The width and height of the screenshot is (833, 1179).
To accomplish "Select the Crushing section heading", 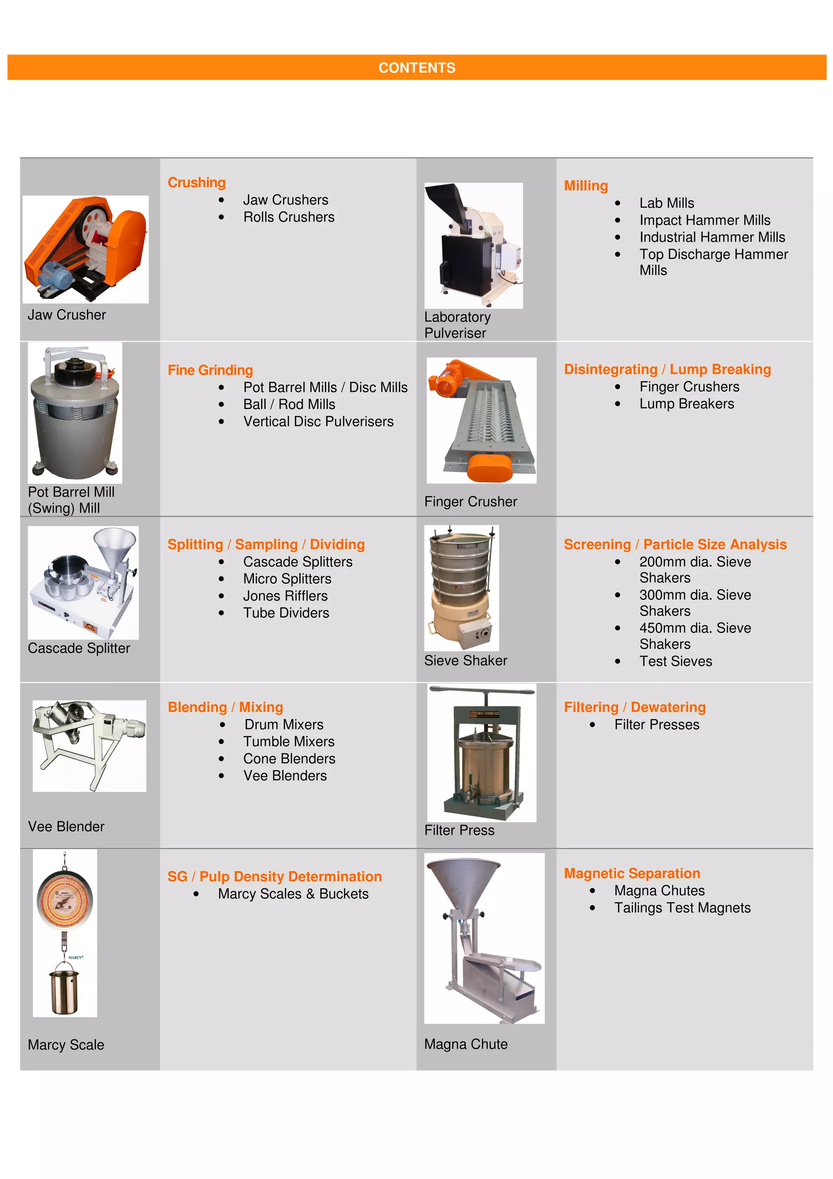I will (196, 183).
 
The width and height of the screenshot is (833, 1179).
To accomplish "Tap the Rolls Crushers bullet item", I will (288, 217).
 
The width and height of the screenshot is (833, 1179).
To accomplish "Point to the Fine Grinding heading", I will (210, 370).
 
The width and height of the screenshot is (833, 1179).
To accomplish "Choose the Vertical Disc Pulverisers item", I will (318, 421).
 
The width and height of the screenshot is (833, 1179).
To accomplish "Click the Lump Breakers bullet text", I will (686, 404).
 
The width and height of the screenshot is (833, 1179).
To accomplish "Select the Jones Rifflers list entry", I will (286, 596).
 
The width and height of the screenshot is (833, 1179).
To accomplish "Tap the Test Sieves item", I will (676, 662).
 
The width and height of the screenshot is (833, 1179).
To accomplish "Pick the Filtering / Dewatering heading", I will (635, 707).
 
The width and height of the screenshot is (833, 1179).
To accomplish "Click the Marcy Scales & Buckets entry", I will (293, 894).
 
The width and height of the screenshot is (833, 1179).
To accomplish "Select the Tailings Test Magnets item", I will (682, 908).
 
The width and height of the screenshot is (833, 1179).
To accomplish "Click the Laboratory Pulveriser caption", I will (457, 325).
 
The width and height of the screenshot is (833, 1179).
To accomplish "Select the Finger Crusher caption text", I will (470, 502).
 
